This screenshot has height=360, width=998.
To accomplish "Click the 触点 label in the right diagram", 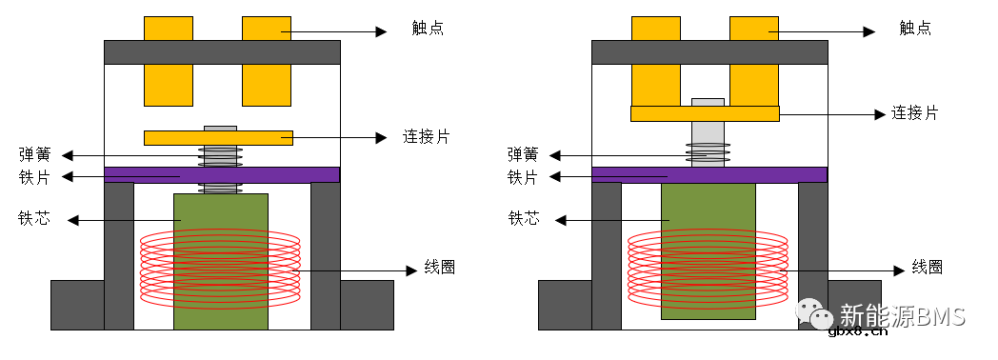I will coord(915,29).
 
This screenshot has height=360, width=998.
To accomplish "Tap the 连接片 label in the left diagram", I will coord(426,137).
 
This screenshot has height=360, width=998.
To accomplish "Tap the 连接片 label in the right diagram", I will coord(914,113).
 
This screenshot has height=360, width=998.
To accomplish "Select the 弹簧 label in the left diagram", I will coord(34,154).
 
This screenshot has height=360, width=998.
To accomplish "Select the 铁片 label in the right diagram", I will coord(523,177).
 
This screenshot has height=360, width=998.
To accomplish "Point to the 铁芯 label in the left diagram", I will coord(34,219).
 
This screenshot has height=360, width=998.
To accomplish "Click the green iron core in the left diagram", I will coord(221,219).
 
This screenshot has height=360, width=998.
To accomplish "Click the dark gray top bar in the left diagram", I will coord(221,51).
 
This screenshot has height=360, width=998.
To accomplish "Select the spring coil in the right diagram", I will coord(709,151).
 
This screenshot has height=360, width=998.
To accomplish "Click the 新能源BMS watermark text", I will coord(903,314).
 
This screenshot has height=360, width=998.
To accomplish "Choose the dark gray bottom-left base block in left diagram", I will coord(76,305).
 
